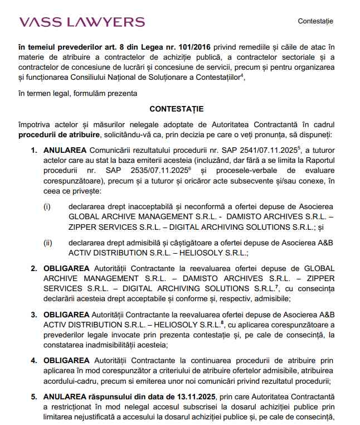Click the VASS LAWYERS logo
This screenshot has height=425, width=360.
click(x=82, y=22)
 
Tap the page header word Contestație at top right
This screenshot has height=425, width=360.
click(x=315, y=21)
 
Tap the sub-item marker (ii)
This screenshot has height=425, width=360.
click(x=48, y=243)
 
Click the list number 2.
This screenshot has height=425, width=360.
click(x=33, y=268)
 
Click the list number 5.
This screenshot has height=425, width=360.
click(x=33, y=397)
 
